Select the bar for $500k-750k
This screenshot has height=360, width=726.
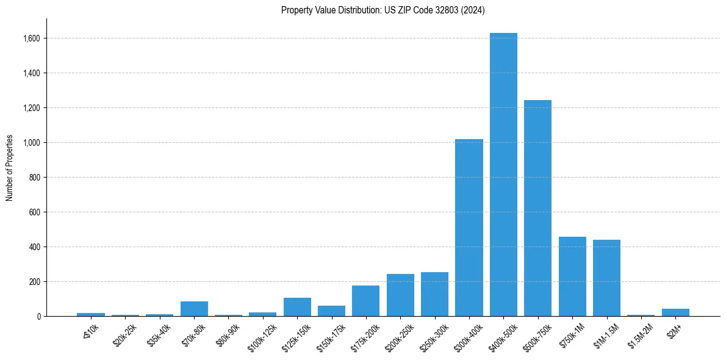[x=537, y=208]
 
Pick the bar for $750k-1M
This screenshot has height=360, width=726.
[x=572, y=276]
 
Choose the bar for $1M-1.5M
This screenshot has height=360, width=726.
[x=606, y=278]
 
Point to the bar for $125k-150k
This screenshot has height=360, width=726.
[x=297, y=307]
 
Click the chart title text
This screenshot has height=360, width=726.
[x=383, y=10]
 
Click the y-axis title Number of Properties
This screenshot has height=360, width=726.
[x=10, y=168]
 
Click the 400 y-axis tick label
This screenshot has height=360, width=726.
[x=34, y=247]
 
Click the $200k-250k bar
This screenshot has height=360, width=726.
[x=400, y=295]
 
